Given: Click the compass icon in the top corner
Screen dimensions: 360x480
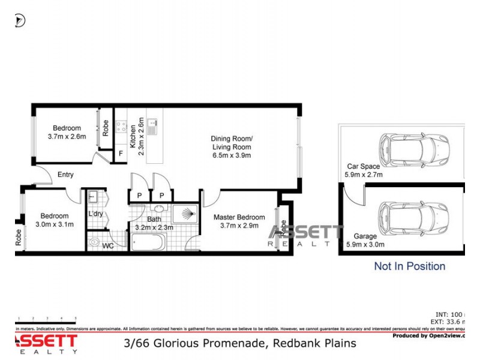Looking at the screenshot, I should [x=20, y=21].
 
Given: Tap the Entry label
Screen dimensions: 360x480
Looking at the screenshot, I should [x=65, y=175].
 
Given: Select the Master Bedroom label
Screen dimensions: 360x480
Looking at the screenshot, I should [x=242, y=217].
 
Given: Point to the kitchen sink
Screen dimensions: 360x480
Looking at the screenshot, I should [x=152, y=127].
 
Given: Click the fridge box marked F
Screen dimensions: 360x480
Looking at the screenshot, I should [x=121, y=154].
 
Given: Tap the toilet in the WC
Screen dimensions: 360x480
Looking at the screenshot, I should [x=94, y=243].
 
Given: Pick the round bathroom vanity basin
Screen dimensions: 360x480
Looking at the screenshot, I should [x=158, y=209].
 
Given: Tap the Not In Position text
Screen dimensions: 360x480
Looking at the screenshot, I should [x=409, y=266].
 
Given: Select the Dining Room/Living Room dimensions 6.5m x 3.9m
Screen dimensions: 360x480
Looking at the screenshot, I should [x=231, y=155].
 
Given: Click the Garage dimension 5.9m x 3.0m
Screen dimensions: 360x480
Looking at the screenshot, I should [x=364, y=244].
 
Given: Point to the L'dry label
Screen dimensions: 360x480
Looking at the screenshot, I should [x=95, y=214].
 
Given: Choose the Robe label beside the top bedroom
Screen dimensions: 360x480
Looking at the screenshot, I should [x=106, y=128].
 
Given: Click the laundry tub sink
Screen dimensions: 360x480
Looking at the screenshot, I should [x=93, y=196].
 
